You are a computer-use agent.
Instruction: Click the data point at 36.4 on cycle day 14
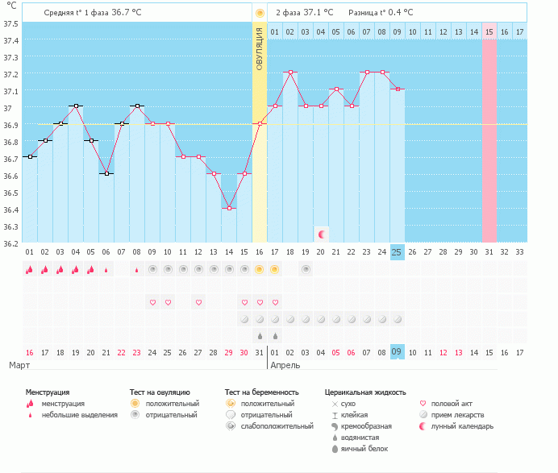pos(229,208)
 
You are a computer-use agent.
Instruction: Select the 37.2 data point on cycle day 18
pos(290,73)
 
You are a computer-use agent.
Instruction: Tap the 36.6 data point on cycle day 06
pos(106,173)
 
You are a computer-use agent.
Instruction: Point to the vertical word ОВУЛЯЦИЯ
pos(260,48)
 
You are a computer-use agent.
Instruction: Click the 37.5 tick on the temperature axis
pos(10,24)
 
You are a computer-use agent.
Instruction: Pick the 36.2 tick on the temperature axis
pos(10,243)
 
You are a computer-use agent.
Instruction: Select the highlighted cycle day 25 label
pos(397,252)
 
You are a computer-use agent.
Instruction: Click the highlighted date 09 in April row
pos(397,351)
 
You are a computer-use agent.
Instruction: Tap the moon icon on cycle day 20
pos(322,234)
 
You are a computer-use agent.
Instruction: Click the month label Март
pos(19,365)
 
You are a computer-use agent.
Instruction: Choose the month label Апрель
pos(285,365)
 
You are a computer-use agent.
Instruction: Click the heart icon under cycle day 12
pos(198,303)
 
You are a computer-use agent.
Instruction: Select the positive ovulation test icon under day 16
pos(260,270)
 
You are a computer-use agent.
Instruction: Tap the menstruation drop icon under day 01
pos(29,270)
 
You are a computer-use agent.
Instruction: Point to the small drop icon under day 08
pos(136,270)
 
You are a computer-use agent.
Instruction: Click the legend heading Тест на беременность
pos(261,392)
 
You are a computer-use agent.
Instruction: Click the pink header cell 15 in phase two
pos(489,31)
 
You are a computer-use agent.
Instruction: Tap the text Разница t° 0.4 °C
pos(381,12)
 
